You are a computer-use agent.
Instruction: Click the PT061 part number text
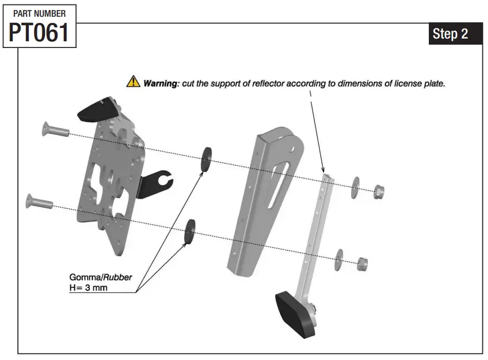(39, 33)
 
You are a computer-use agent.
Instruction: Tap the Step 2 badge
(450, 34)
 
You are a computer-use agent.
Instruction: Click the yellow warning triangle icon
(133, 83)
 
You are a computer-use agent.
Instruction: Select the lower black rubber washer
(189, 231)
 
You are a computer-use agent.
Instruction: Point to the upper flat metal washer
(355, 188)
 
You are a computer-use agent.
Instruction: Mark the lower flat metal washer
(339, 258)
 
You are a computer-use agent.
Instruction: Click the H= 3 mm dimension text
(88, 287)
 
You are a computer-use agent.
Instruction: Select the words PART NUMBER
(39, 13)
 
